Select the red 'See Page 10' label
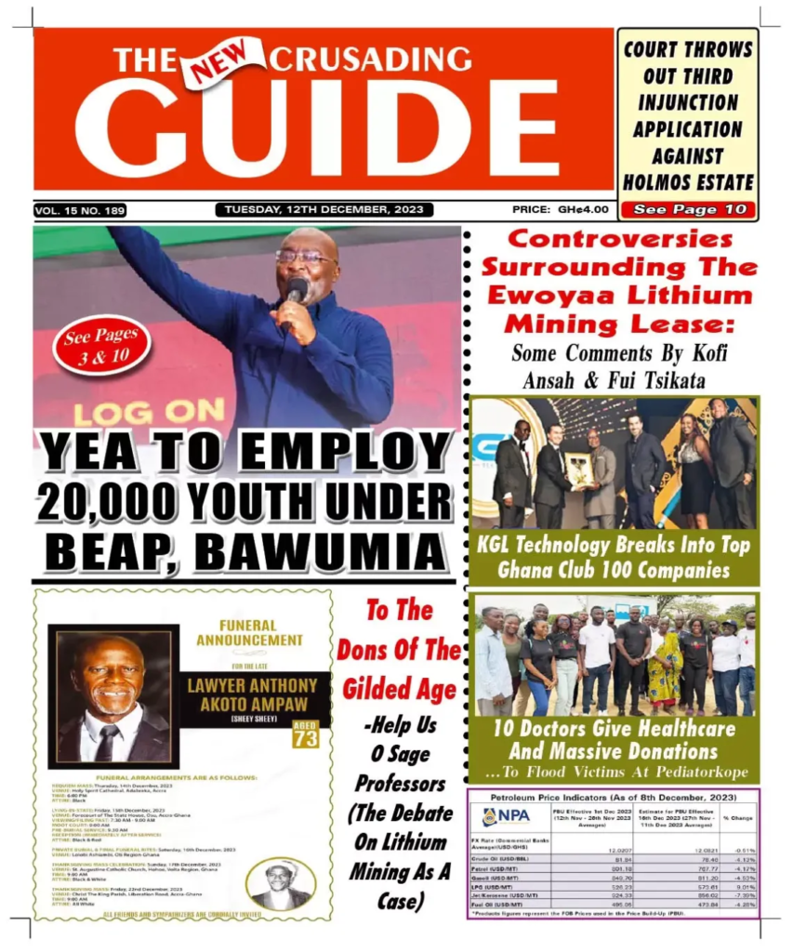(688, 209)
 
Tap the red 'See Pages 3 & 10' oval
(100, 345)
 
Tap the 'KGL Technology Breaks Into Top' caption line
(614, 545)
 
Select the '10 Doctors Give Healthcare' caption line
(614, 729)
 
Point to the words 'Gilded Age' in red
(399, 689)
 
